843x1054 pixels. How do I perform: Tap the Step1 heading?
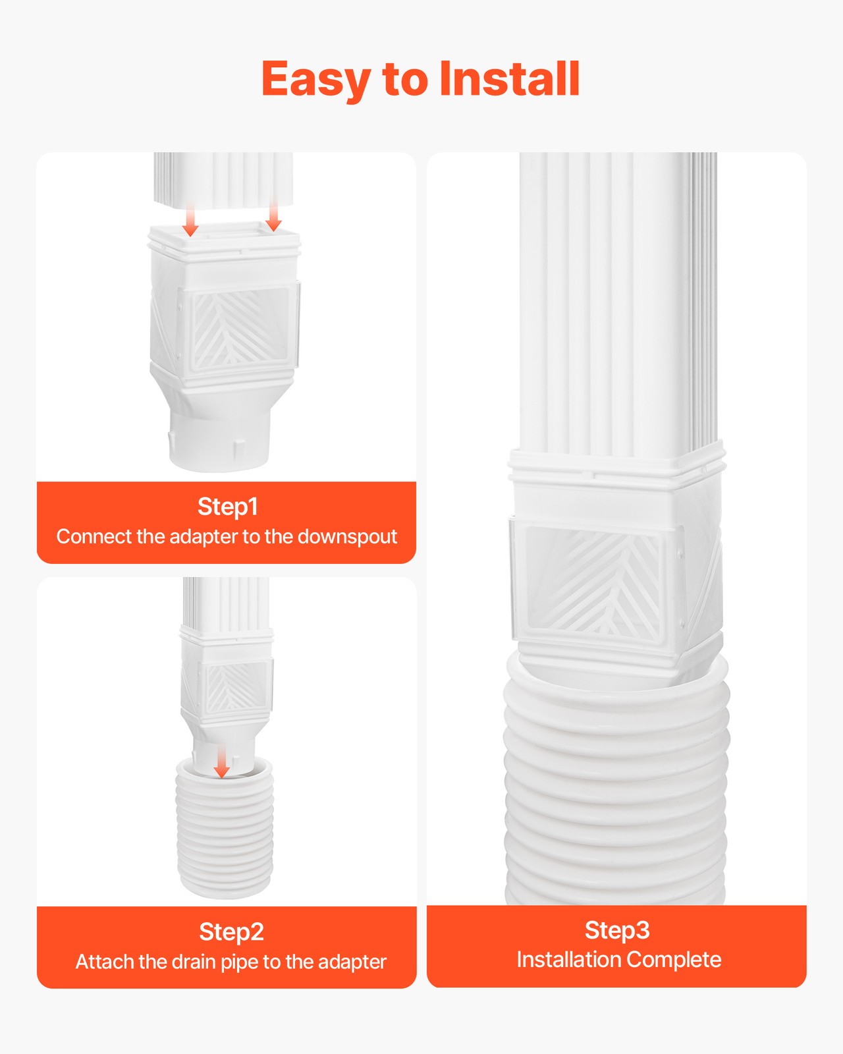[x=227, y=507]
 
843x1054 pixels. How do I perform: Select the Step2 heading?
[x=231, y=931]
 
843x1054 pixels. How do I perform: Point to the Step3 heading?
[x=617, y=929]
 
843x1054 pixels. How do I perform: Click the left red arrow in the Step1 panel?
[x=190, y=221]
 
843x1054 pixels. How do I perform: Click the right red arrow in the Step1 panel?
[x=273, y=217]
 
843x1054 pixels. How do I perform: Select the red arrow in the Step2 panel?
[x=222, y=762]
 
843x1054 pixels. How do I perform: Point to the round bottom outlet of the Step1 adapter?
[x=219, y=441]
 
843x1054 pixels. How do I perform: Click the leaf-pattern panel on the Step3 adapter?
[x=593, y=583]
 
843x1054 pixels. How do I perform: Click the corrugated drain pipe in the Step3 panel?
[x=616, y=790]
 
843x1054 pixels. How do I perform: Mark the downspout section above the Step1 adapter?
[x=224, y=178]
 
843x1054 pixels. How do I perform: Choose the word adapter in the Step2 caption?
[x=352, y=962]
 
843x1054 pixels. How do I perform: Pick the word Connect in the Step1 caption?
[x=94, y=537]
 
